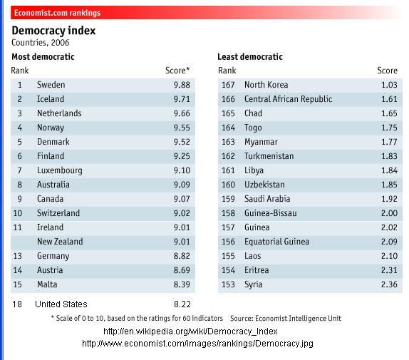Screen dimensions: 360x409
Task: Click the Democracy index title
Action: pyautogui.click(x=53, y=31)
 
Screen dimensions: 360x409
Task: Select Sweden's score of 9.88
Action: pyautogui.click(x=182, y=85)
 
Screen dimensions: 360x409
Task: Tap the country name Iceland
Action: pyautogui.click(x=50, y=99)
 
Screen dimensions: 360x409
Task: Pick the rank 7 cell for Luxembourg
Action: pyautogui.click(x=20, y=170)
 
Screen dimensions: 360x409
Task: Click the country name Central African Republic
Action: pyautogui.click(x=288, y=99)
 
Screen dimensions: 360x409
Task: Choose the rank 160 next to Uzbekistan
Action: pyautogui.click(x=228, y=185)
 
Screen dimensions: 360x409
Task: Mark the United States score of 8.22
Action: pyautogui.click(x=182, y=304)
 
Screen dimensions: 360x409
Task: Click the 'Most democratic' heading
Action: pyautogui.click(x=43, y=57)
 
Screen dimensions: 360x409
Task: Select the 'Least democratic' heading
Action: pyautogui.click(x=250, y=57)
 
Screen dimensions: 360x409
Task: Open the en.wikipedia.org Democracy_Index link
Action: pyautogui.click(x=190, y=331)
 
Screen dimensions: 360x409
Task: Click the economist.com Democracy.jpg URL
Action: pyautogui.click(x=197, y=344)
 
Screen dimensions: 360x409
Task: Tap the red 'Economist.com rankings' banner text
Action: pyautogui.click(x=57, y=13)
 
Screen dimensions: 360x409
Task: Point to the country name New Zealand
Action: pyautogui.click(x=60, y=242)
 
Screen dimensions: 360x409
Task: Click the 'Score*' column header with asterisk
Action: pyautogui.click(x=177, y=71)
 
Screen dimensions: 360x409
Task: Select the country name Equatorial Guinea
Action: pyautogui.click(x=277, y=242)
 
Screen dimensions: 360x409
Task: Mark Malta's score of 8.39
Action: pyautogui.click(x=182, y=284)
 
